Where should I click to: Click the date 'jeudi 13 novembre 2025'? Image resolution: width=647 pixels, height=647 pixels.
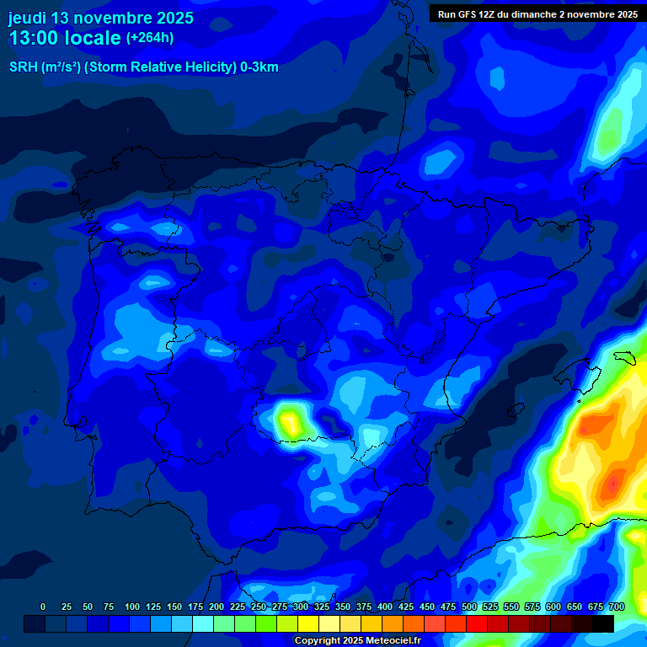click(x=100, y=18)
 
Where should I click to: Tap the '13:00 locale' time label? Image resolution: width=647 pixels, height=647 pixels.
click(x=64, y=38)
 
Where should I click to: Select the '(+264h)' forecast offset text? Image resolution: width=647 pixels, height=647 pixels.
click(x=150, y=38)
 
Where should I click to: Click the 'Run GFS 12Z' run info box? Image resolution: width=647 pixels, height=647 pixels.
click(x=537, y=13)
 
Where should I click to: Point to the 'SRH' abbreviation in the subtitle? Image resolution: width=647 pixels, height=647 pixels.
click(x=23, y=67)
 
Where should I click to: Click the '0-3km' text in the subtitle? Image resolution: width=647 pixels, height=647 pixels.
click(x=259, y=67)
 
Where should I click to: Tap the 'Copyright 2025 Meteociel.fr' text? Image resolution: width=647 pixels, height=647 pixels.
click(x=356, y=640)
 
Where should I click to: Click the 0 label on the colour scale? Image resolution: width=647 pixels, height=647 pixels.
click(x=43, y=607)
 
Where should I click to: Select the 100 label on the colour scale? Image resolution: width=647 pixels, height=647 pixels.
click(x=132, y=607)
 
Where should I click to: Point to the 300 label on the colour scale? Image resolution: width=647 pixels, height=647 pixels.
click(x=301, y=607)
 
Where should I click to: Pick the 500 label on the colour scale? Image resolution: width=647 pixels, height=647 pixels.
click(x=469, y=607)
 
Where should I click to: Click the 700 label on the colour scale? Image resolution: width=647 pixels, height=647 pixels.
click(x=616, y=607)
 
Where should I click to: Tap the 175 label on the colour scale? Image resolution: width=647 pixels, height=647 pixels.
click(x=195, y=607)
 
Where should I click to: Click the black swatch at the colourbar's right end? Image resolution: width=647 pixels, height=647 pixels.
click(x=603, y=623)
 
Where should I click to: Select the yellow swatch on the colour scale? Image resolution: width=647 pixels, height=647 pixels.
click(x=308, y=623)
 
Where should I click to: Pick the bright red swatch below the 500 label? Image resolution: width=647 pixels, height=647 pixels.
click(x=477, y=623)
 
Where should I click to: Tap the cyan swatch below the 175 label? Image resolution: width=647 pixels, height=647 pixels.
click(x=203, y=623)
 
